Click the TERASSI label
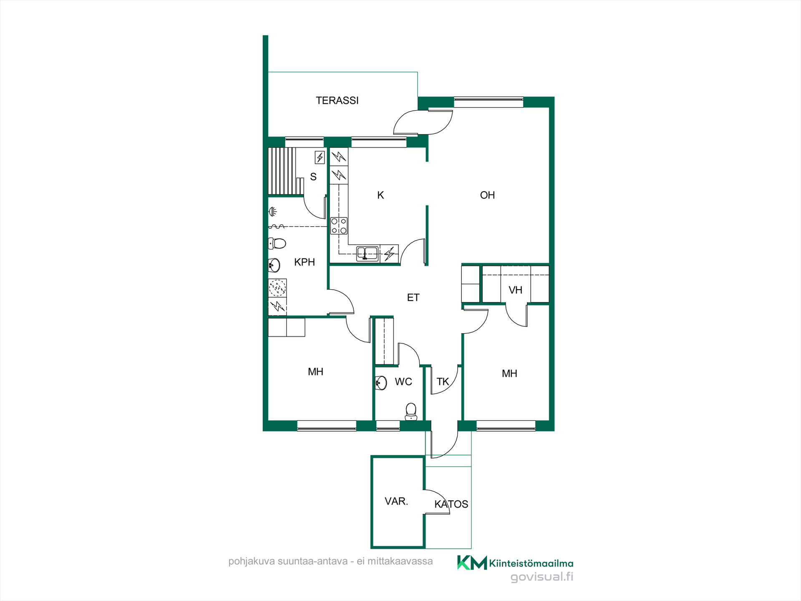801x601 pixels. point(337,101)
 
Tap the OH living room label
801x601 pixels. point(487,195)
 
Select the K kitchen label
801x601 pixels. point(380,195)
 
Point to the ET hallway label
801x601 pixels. point(413,298)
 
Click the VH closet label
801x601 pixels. point(515,290)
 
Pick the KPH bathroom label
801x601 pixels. point(305,262)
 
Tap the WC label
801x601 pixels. point(403,382)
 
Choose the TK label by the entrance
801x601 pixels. point(443,382)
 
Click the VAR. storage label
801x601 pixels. point(396,501)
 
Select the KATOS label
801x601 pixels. point(451,504)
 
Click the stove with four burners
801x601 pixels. point(339,226)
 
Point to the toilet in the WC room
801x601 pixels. point(411,412)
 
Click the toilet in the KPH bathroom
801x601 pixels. point(277,243)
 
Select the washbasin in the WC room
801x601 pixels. point(381,383)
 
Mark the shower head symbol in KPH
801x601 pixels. point(272,212)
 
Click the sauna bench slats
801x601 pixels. point(282,171)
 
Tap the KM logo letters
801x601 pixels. point(472,563)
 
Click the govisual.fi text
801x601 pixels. point(542,577)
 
